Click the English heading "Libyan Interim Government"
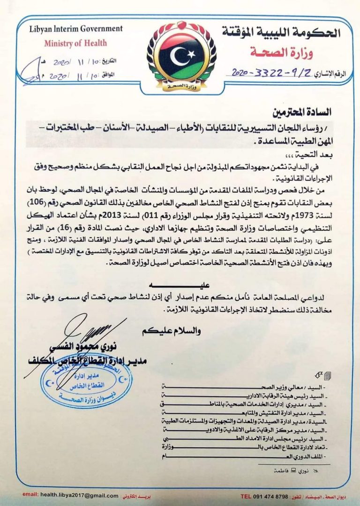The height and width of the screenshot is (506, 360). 69,29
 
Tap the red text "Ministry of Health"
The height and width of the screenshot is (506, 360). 75,43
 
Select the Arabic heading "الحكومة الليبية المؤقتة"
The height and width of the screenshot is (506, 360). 281,32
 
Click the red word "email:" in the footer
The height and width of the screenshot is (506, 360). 30,495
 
